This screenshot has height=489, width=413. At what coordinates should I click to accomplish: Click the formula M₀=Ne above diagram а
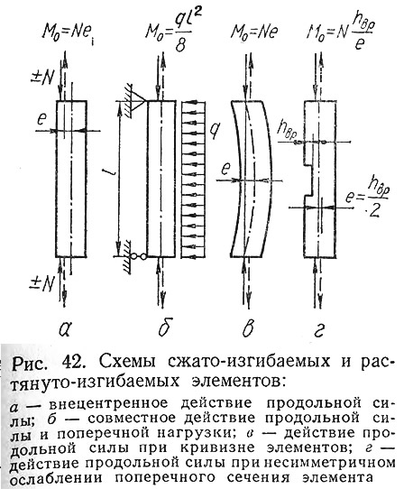click(68, 33)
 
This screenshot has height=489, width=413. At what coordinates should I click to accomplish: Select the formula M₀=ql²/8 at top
click(172, 32)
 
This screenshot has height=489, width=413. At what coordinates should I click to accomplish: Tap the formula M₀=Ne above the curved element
click(254, 32)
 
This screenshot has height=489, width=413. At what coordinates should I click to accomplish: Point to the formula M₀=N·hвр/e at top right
click(340, 33)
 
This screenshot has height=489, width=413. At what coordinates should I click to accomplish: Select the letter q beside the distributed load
click(213, 131)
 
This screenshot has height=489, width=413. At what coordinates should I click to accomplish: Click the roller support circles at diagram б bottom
click(138, 256)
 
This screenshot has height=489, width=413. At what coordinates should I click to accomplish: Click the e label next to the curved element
click(225, 170)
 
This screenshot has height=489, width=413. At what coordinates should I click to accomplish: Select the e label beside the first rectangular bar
click(41, 120)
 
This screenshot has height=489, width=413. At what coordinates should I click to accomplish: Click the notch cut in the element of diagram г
click(308, 180)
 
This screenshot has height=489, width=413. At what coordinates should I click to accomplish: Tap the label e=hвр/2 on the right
click(368, 198)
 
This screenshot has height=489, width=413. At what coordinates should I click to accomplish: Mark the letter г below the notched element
click(319, 330)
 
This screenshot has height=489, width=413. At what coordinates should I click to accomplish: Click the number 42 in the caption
click(72, 362)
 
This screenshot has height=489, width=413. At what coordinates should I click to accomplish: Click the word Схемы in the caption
click(127, 362)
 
